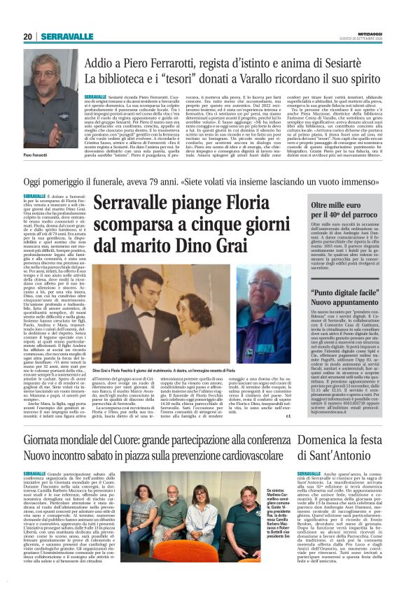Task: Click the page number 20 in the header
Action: tap(28, 37)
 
